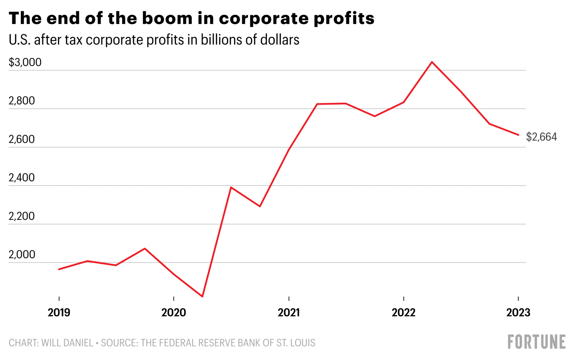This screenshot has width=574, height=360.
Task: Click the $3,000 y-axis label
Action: coord(25,62)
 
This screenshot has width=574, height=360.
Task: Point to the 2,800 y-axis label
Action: coord(22,101)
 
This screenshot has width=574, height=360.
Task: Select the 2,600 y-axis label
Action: coord(22,139)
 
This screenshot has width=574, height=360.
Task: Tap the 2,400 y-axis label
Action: coord(22,178)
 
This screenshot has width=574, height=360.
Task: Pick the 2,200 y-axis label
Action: coord(22,216)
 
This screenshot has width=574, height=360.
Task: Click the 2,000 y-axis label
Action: coord(22,254)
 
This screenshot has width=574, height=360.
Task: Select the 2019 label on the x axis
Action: coord(59,312)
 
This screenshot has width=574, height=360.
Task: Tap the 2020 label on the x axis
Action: coord(174,312)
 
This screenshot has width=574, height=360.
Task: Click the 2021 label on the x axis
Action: coord(288,312)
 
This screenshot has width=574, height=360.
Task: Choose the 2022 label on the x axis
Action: coord(403,312)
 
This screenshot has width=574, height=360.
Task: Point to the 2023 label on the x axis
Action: coord(518,312)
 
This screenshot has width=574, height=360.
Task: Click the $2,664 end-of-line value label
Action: coord(541,137)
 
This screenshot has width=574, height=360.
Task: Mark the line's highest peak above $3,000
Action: coord(432,62)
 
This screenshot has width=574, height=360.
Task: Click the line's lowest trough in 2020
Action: coord(203,297)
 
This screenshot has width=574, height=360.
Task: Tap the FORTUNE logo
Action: coord(537,342)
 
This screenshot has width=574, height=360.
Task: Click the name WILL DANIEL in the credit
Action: coord(67,343)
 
